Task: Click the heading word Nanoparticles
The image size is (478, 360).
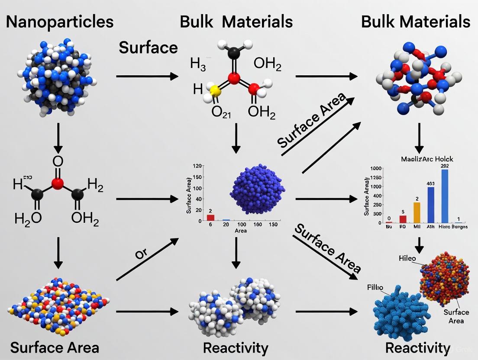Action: click(x=60, y=21)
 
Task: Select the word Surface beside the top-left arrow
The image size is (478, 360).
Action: click(x=148, y=47)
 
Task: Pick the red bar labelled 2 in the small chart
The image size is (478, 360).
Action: click(x=211, y=217)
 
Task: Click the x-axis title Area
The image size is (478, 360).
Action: click(x=240, y=231)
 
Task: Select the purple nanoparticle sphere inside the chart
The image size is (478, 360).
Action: click(x=258, y=189)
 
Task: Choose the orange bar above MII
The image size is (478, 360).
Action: click(x=417, y=212)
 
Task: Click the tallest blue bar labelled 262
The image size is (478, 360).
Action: click(x=445, y=196)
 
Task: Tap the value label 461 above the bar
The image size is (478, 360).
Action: click(x=430, y=183)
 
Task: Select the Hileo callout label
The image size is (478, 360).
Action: click(x=407, y=258)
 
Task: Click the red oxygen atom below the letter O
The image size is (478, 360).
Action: click(x=58, y=184)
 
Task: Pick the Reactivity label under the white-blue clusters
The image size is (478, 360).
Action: click(x=236, y=348)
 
